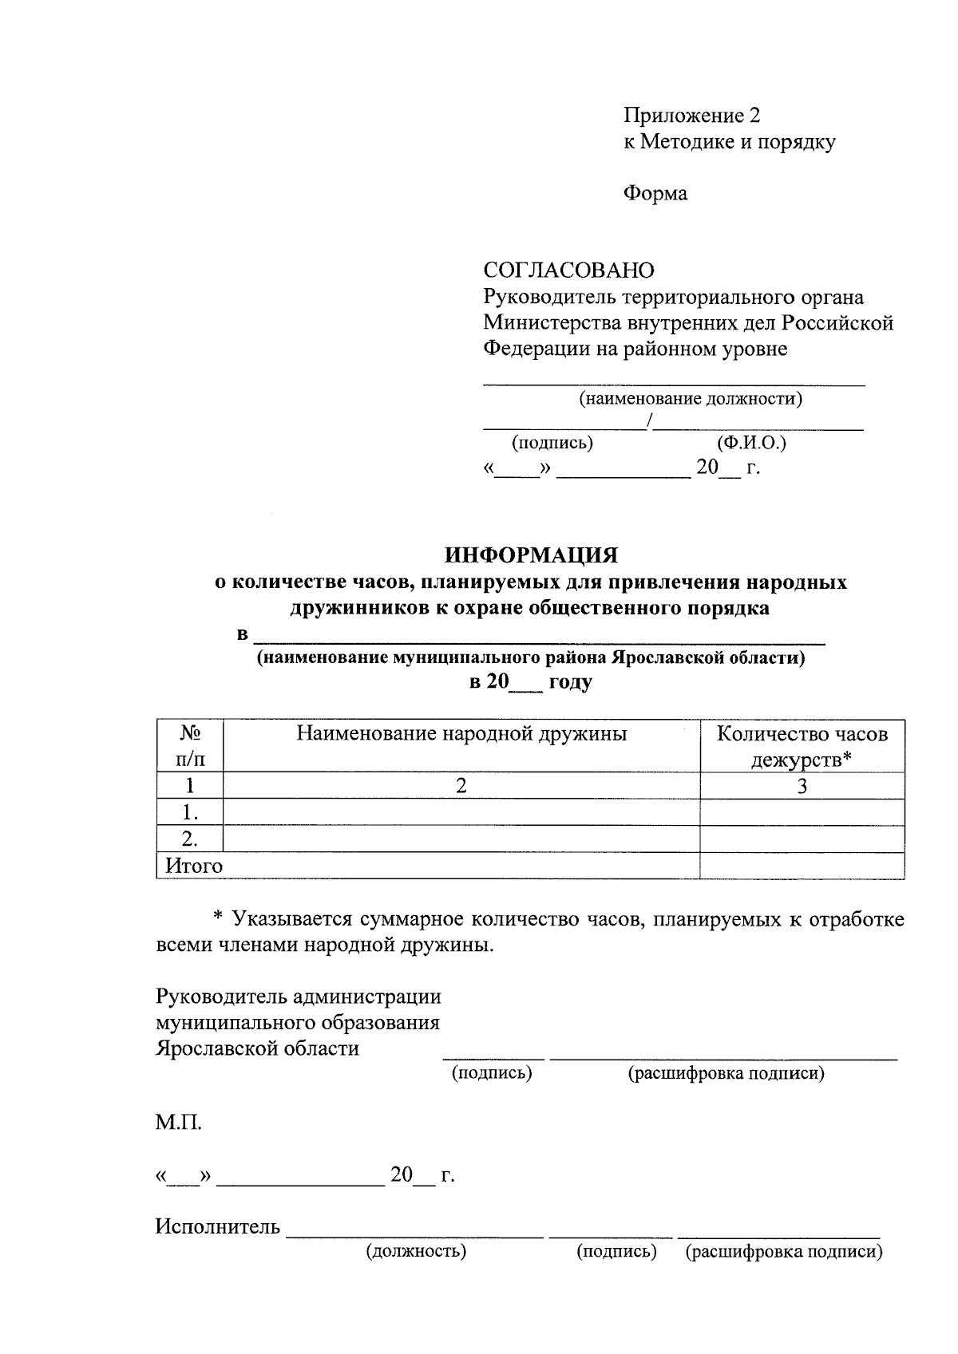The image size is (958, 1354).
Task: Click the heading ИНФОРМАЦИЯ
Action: (x=531, y=555)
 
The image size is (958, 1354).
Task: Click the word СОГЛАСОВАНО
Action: (x=568, y=270)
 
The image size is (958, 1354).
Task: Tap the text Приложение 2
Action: (x=691, y=116)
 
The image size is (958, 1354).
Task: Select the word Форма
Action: (x=655, y=193)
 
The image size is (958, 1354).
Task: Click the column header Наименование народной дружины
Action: (x=461, y=733)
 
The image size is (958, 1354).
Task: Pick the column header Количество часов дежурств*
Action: (x=802, y=746)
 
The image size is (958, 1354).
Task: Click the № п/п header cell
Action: (x=190, y=746)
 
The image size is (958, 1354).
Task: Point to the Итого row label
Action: (x=194, y=866)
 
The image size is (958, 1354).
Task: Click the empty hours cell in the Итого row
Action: (x=802, y=866)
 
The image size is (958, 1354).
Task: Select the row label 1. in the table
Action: (x=190, y=812)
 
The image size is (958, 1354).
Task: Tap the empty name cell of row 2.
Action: (x=461, y=839)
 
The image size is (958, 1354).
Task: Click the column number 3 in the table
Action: (x=802, y=786)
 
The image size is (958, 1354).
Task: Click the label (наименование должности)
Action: (x=690, y=398)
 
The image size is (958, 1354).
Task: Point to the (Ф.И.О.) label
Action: (x=751, y=442)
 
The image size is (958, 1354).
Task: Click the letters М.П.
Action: (x=179, y=1124)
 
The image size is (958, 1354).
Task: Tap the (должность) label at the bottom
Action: (x=415, y=1251)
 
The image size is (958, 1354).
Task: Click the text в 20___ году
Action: (x=530, y=682)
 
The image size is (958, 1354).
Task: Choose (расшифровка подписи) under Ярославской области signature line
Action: (x=726, y=1074)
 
